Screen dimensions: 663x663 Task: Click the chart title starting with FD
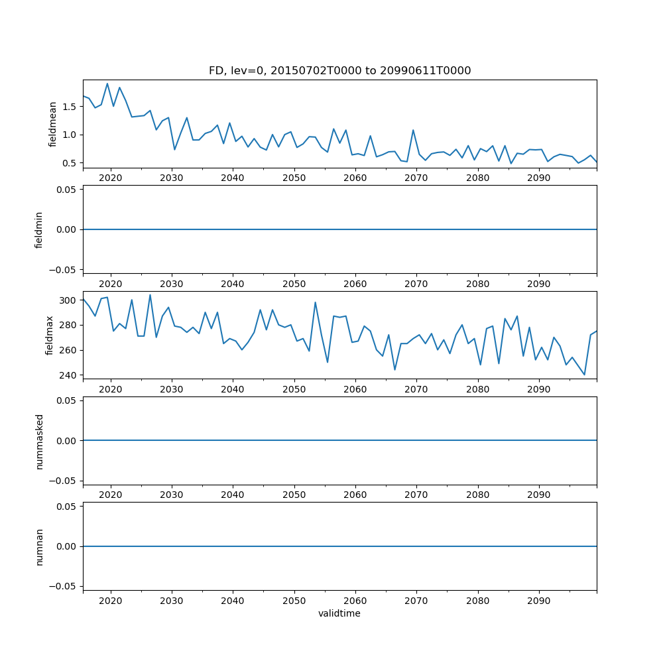click(339, 71)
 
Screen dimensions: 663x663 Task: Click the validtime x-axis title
click(339, 613)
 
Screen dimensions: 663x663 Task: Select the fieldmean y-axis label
click(52, 124)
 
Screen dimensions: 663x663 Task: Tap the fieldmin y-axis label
click(39, 229)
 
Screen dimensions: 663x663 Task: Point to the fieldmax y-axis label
click(49, 335)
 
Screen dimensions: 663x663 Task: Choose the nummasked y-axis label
click(39, 441)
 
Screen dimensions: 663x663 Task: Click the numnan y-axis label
click(39, 546)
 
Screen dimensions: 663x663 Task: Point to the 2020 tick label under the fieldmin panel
click(110, 284)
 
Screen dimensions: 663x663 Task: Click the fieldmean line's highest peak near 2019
click(107, 84)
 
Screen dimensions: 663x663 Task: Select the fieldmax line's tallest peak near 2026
click(150, 295)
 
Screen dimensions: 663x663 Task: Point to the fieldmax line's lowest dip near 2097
click(584, 375)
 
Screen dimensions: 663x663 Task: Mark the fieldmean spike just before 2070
click(413, 130)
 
